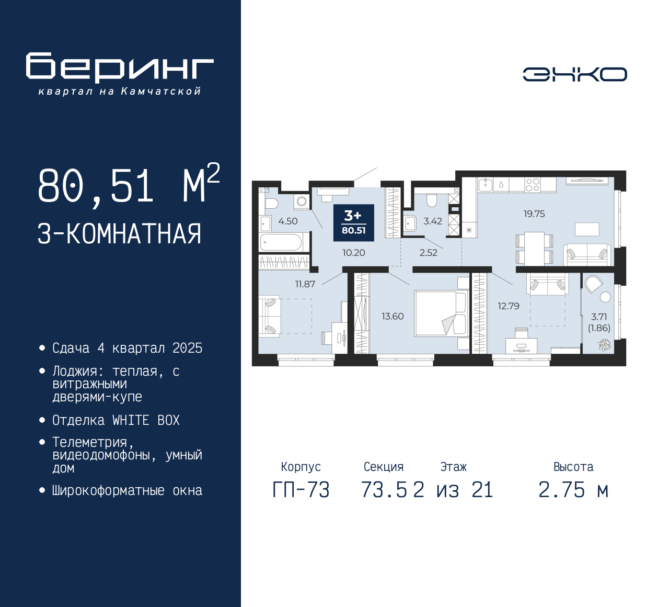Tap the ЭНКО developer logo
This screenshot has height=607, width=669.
pos(574,74)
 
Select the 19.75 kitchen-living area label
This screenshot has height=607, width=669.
pos(534,213)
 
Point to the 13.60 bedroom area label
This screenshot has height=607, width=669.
pos(393,316)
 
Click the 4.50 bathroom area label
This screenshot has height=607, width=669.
pos(288,221)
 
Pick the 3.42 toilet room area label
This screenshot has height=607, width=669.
pos(433,221)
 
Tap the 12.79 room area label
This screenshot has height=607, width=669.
pos(508,306)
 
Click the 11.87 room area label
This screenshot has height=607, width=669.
pos(305,284)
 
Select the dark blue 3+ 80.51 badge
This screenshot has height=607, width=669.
pos(353,222)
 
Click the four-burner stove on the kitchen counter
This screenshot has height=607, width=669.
pos(532,185)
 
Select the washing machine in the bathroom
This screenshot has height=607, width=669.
pos(302,201)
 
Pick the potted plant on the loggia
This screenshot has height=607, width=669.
pos(604,344)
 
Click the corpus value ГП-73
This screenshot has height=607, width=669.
pos(301,490)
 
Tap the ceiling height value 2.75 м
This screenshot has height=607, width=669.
pos(573,490)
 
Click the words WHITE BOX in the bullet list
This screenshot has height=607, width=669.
pos(146,420)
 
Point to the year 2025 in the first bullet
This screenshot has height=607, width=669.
pos(188,348)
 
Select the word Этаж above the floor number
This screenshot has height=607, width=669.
pos(453,466)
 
